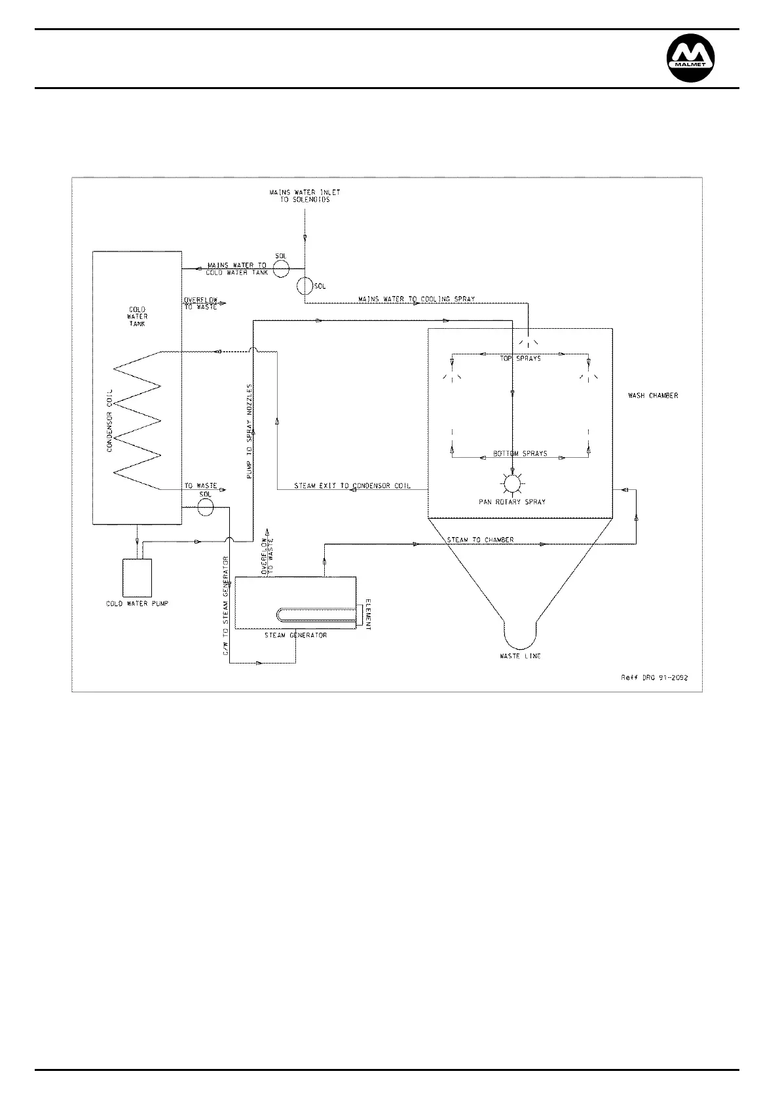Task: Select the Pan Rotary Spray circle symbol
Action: (x=511, y=483)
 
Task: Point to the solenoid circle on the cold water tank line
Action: (x=282, y=269)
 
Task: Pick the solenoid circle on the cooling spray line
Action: (x=305, y=286)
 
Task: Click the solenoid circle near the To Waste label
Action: (x=206, y=506)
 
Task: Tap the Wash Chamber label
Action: (x=652, y=396)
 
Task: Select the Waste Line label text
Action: (x=520, y=656)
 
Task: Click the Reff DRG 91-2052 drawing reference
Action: (x=655, y=678)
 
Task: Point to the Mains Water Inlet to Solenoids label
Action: (x=305, y=196)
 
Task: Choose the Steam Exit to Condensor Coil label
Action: (x=352, y=486)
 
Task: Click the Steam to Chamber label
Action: (x=480, y=540)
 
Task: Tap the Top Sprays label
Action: (x=521, y=358)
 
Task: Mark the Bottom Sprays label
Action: (x=520, y=453)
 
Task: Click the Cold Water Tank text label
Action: (x=138, y=316)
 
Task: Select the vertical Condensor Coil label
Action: (x=110, y=420)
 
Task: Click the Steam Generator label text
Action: (x=295, y=635)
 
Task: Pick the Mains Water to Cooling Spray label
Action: (x=417, y=299)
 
